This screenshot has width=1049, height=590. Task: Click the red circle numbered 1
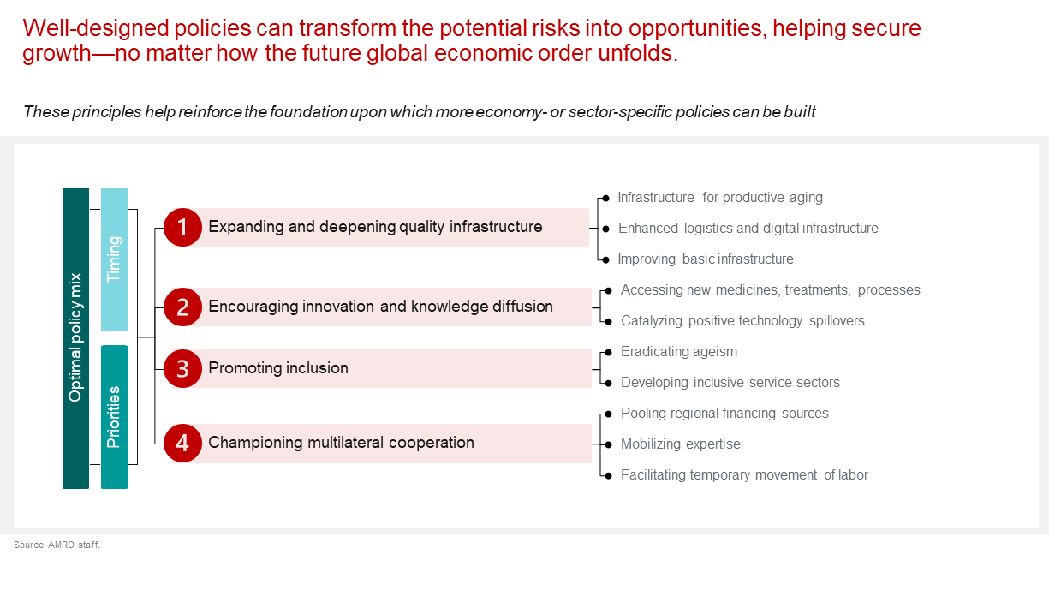[x=182, y=227]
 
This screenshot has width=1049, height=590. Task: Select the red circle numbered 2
[x=182, y=307]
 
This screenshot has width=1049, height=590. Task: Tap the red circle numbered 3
[x=182, y=368]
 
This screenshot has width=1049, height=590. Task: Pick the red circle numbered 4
[x=182, y=443]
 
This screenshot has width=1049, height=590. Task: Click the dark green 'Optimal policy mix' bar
[x=76, y=338]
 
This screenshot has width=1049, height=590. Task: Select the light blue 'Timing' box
[x=114, y=259]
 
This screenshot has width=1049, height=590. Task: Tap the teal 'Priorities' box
[x=114, y=417]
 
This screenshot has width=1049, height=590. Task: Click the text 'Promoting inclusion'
[x=278, y=368]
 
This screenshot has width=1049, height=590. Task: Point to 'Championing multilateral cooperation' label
[x=341, y=443]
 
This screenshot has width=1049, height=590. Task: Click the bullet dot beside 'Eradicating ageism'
[x=608, y=353]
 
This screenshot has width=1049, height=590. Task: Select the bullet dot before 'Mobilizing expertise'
[x=608, y=444]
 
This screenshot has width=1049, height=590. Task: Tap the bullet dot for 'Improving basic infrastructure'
[x=605, y=259]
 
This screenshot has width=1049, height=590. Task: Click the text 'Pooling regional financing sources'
[x=724, y=413]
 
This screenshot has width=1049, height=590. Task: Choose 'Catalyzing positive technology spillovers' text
[x=742, y=321]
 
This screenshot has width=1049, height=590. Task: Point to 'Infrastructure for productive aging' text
[x=720, y=198]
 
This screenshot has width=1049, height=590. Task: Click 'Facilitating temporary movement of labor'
[x=745, y=474]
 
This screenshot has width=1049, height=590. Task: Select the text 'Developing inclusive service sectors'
[x=730, y=383]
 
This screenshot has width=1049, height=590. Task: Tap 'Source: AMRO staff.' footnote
[x=57, y=545]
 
